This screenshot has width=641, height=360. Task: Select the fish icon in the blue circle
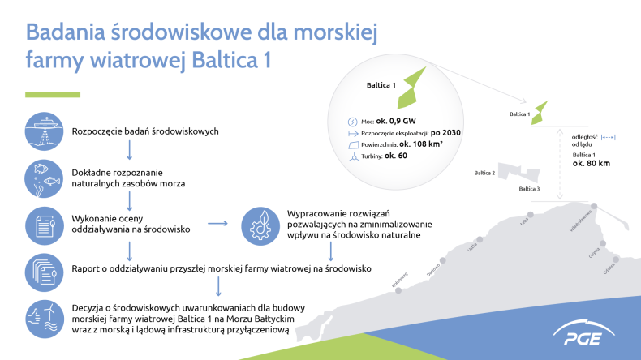click(x=47, y=178)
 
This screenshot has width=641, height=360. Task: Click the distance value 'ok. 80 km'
click(x=591, y=163)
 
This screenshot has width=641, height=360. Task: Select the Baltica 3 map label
click(x=528, y=188)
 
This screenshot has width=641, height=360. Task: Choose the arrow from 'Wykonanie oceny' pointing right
click(x=217, y=223)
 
